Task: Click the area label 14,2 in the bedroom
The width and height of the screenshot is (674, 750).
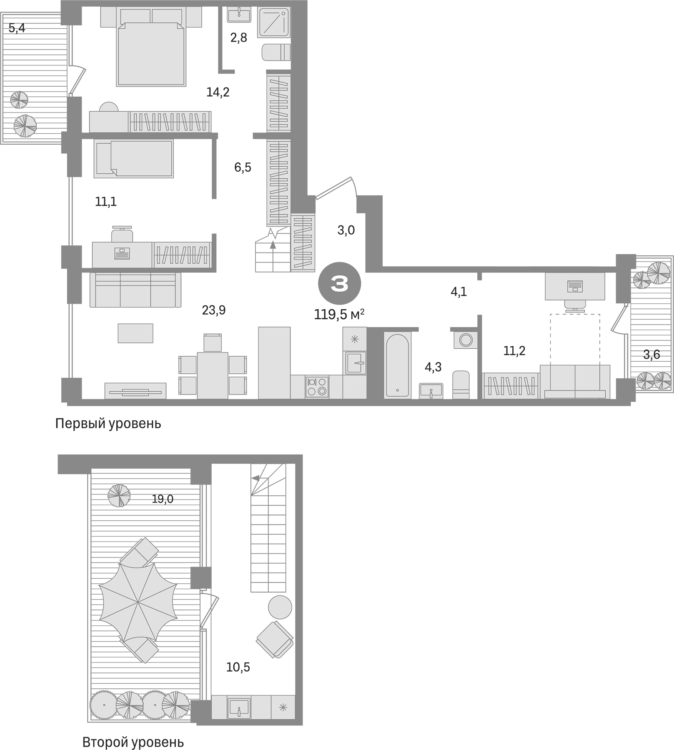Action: pyautogui.click(x=218, y=92)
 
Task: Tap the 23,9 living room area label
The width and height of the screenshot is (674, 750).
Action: pyautogui.click(x=213, y=310)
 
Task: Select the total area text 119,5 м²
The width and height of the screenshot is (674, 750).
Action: pyautogui.click(x=339, y=315)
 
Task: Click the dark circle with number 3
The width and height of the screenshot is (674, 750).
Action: pyautogui.click(x=339, y=284)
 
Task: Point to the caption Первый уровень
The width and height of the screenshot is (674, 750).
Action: pyautogui.click(x=108, y=424)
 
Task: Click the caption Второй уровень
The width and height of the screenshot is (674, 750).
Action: pyautogui.click(x=133, y=742)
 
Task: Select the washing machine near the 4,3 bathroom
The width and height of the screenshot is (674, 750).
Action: pyautogui.click(x=466, y=340)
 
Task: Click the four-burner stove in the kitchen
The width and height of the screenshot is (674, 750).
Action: pyautogui.click(x=317, y=387)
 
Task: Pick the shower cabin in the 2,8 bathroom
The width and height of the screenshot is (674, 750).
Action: pyautogui.click(x=274, y=23)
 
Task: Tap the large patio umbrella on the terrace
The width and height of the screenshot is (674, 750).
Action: pyautogui.click(x=138, y=602)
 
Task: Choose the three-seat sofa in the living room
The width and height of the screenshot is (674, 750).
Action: pyautogui.click(x=135, y=290)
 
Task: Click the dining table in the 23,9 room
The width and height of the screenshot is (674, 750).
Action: pyautogui.click(x=213, y=375)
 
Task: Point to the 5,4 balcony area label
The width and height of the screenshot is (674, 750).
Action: pyautogui.click(x=17, y=28)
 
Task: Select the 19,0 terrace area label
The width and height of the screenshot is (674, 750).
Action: pyautogui.click(x=162, y=499)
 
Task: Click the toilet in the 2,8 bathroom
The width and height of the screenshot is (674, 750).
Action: pyautogui.click(x=276, y=53)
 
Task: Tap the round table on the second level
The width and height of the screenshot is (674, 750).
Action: pyautogui.click(x=280, y=607)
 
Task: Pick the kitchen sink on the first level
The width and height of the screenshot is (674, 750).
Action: pyautogui.click(x=355, y=362)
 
